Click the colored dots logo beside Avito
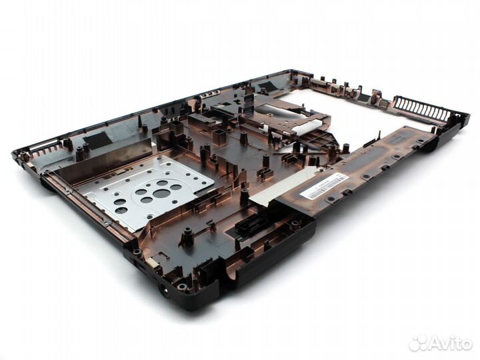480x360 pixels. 418,343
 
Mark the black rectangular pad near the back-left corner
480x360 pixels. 97,139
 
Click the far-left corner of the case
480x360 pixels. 17,155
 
